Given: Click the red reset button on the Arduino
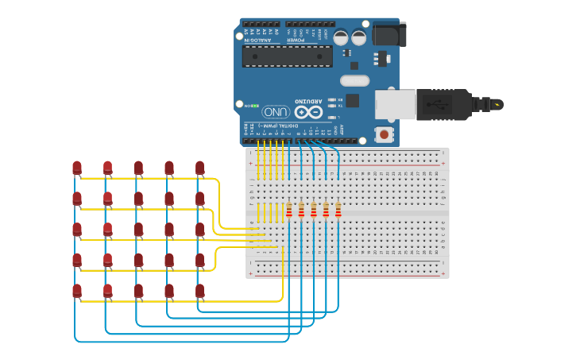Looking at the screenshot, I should pyautogui.click(x=385, y=134).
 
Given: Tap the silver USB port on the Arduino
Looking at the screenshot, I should pyautogui.click(x=395, y=104).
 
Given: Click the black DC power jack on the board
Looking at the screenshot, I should pyautogui.click(x=389, y=34).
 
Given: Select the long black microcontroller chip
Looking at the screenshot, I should pyautogui.click(x=287, y=56).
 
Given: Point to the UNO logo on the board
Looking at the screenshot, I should pyautogui.click(x=275, y=111).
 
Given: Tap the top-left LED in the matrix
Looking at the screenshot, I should pyautogui.click(x=77, y=168).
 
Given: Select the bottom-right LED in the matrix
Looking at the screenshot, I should pyautogui.click(x=199, y=291).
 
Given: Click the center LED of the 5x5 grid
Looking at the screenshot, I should pyautogui.click(x=138, y=230).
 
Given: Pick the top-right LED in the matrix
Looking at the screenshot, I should pyautogui.click(x=199, y=168).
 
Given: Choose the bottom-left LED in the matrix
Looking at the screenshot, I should pyautogui.click(x=77, y=291).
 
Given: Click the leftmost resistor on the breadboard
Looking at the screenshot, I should pyautogui.click(x=289, y=210).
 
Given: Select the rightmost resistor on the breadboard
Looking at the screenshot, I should pyautogui.click(x=338, y=210).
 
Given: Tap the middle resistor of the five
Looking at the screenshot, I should pyautogui.click(x=313, y=210).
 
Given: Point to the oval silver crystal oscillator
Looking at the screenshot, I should pyautogui.click(x=354, y=80).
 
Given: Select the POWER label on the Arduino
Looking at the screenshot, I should pyautogui.click(x=296, y=39).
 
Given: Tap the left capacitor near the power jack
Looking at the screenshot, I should pyautogui.click(x=341, y=37).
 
